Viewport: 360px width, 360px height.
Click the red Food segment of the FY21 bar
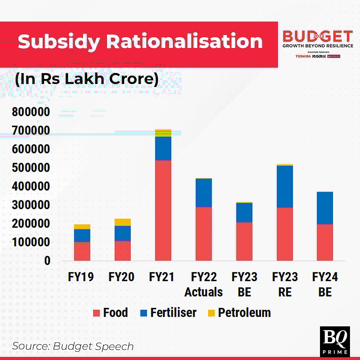pos(163,210)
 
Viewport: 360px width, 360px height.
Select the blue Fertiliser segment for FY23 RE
pos(285,187)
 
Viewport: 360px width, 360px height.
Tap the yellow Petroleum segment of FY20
pos(123,222)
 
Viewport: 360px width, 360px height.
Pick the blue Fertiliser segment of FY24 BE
pos(325,208)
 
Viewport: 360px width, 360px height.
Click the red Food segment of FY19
pos(82,251)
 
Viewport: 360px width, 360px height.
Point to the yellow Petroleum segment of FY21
pos(163,133)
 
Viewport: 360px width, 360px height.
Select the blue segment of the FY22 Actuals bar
pos(204,193)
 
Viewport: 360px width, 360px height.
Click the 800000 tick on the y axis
pos(31,112)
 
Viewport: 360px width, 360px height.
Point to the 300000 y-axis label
pos(31,205)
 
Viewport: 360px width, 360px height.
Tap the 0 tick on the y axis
pos(47,261)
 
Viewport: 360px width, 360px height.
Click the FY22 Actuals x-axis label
pos(204,284)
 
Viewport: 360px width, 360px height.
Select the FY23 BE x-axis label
pos(244,284)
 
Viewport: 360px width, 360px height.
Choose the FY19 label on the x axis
pos(81,277)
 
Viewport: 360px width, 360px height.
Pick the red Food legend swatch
pos(97,313)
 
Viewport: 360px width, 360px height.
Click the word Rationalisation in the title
pos(184,41)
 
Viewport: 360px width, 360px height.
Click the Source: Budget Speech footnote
pos(73,346)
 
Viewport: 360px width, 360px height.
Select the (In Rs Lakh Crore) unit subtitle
pos(87,79)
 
